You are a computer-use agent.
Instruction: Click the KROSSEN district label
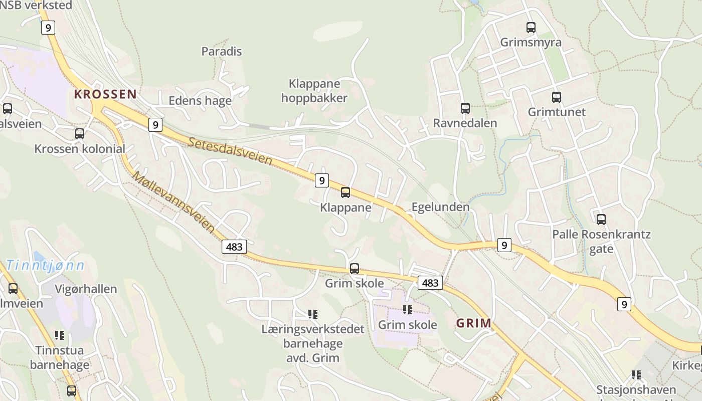point(105,94)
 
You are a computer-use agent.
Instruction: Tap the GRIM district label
point(473,323)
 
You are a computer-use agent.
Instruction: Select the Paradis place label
point(221,51)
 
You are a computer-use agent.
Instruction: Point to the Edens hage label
point(200,100)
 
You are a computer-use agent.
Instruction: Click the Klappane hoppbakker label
point(314,91)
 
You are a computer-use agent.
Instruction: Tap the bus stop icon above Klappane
point(345,192)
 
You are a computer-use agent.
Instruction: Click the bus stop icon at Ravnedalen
point(465,108)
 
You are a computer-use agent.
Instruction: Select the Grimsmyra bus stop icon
point(531,27)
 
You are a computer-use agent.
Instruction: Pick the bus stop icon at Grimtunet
point(556,97)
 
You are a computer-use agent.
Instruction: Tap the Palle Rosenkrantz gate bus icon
point(601,219)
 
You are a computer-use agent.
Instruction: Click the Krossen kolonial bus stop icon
point(79,133)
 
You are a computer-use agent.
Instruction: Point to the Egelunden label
point(440,207)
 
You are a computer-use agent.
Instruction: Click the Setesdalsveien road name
point(231,151)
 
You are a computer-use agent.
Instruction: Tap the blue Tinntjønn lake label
point(45,266)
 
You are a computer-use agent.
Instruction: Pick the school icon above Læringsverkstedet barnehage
point(312,314)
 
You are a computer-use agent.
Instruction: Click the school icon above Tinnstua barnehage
point(60,335)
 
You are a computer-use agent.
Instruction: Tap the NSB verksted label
point(36,6)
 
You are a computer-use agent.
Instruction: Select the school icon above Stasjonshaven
point(636,374)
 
